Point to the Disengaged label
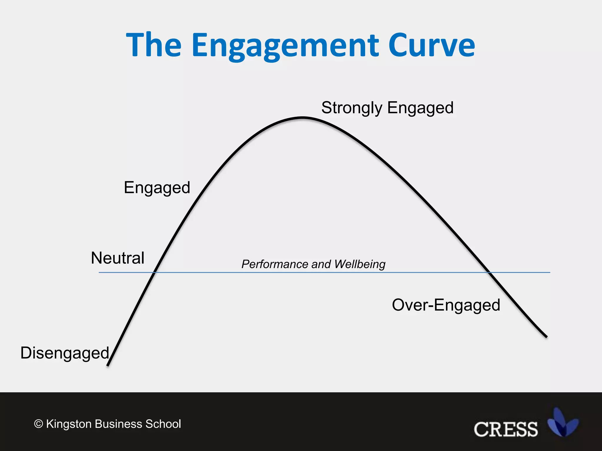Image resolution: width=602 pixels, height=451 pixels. [x=65, y=353]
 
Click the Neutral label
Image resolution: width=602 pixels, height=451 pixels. [x=118, y=258]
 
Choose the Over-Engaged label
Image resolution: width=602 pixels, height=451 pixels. [x=446, y=305]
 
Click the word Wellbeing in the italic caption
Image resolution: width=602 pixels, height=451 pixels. [x=360, y=264]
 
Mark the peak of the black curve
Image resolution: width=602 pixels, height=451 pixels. [x=303, y=118]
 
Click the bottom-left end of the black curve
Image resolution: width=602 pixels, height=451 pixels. [x=108, y=365]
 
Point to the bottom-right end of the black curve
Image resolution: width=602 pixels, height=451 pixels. [x=546, y=337]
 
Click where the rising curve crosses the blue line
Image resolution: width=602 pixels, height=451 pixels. [x=154, y=272]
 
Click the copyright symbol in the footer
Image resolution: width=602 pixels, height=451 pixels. [x=39, y=424]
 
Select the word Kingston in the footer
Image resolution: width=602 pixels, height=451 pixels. [x=69, y=424]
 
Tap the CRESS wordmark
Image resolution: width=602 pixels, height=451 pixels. [x=506, y=429]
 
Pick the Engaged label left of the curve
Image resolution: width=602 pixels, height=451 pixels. [x=157, y=188]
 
